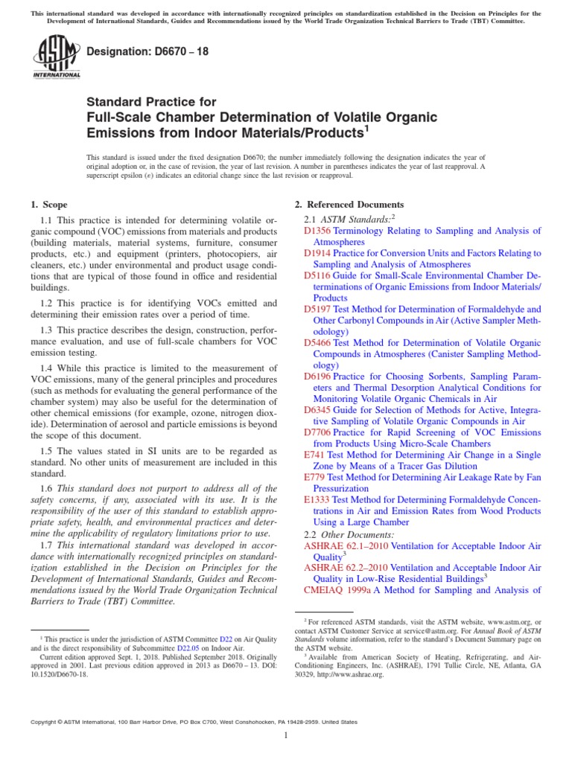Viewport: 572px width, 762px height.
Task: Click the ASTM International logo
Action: coord(57,58)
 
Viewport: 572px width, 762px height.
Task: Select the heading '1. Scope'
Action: coord(48,205)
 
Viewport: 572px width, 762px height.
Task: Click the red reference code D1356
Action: coord(318,231)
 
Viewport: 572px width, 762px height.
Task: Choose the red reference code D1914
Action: coord(318,253)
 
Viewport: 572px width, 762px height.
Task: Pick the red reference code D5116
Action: coord(318,275)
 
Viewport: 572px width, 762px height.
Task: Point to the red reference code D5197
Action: coord(318,309)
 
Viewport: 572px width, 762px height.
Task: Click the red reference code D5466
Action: coord(318,343)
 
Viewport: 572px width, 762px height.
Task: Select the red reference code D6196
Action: coord(318,377)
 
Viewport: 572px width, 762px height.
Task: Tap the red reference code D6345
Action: coord(318,410)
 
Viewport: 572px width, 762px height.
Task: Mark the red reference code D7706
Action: coord(318,432)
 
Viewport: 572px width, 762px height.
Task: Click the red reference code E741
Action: coord(314,455)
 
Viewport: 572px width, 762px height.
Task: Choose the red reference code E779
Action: coord(314,477)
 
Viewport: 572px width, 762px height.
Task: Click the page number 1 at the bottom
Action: coord(286,736)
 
